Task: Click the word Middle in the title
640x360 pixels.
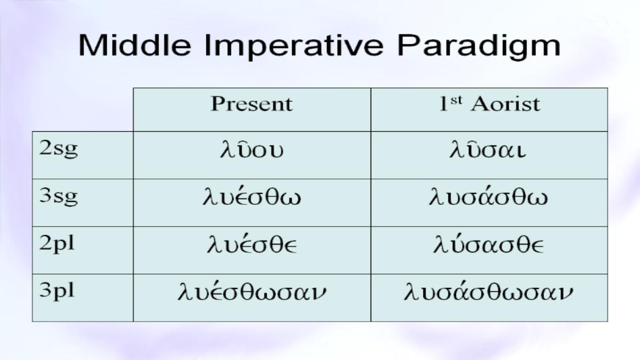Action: click(x=134, y=45)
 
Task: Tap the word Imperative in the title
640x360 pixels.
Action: click(x=294, y=47)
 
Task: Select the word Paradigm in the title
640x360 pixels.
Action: click(x=479, y=47)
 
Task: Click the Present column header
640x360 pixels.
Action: click(x=252, y=103)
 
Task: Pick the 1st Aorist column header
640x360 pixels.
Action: click(x=490, y=103)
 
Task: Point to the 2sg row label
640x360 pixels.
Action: click(x=58, y=149)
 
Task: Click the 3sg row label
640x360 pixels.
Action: click(x=58, y=197)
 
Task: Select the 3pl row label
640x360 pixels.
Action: click(x=57, y=291)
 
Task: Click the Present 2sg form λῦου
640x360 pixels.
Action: click(x=252, y=150)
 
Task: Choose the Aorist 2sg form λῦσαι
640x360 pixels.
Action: click(x=487, y=150)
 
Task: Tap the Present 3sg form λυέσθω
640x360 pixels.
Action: click(x=252, y=197)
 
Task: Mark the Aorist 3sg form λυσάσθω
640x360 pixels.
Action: click(x=489, y=197)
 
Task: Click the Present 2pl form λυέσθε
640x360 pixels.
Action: click(x=252, y=245)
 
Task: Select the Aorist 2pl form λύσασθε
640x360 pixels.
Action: click(x=489, y=245)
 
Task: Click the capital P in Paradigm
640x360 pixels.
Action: click(x=407, y=45)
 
